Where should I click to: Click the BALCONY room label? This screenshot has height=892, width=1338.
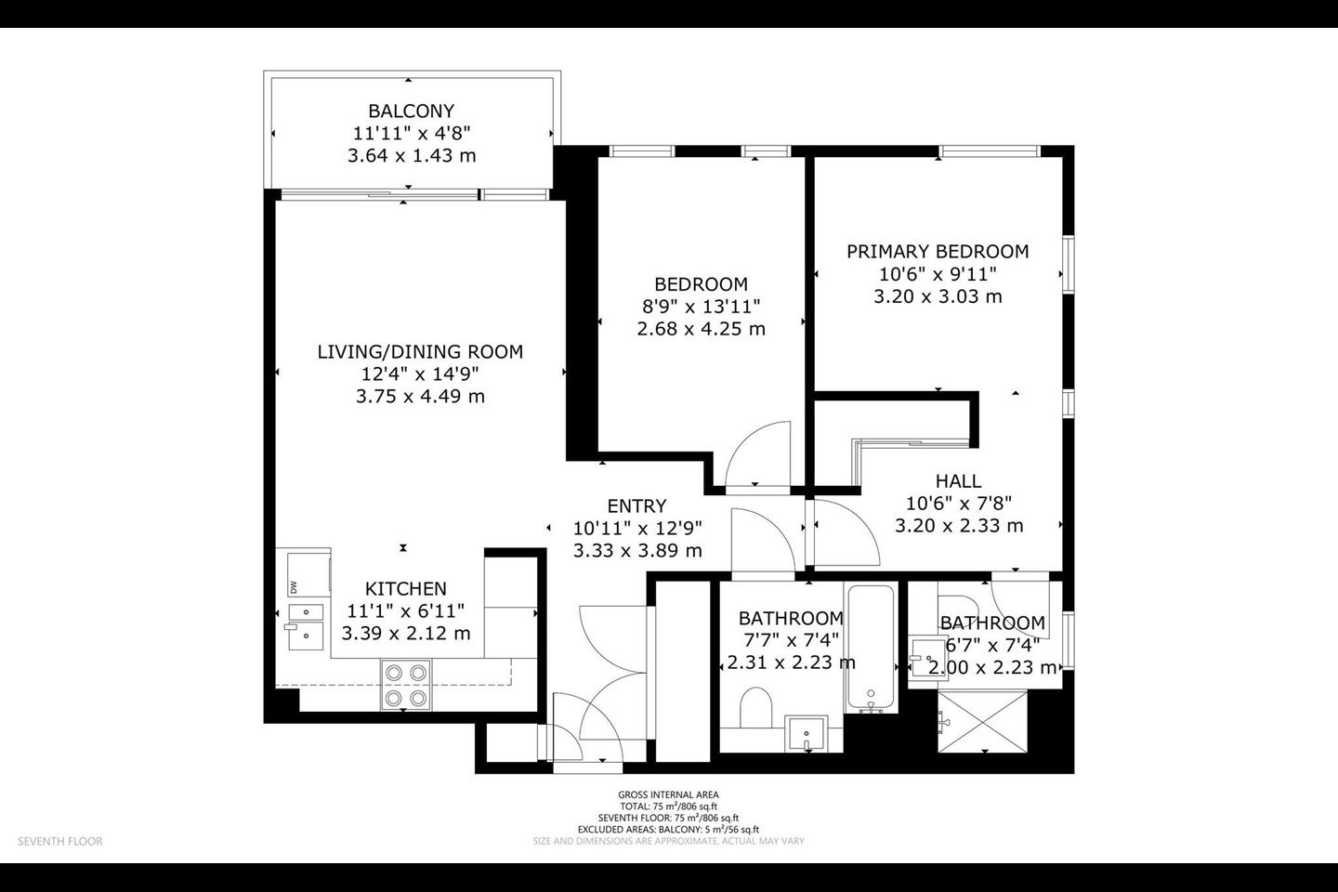coord(411,111)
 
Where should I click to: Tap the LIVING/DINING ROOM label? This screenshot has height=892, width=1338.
coord(420,352)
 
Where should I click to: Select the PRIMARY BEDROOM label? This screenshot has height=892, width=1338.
coord(938,252)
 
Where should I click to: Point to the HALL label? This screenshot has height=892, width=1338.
coord(958,481)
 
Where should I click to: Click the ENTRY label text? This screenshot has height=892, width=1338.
coord(636,506)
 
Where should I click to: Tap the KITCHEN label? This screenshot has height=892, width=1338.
coord(405,589)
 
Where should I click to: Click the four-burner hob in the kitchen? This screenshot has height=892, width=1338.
coord(405,685)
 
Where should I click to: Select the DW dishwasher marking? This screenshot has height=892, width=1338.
coord(294,587)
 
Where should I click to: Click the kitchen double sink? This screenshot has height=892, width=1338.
coord(306,627)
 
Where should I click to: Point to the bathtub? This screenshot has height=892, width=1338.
coord(871,648)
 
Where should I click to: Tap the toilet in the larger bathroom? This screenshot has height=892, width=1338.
coord(755,707)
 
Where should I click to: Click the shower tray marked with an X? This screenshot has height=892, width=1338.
coord(983,721)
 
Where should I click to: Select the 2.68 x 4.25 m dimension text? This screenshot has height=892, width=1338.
coord(702,329)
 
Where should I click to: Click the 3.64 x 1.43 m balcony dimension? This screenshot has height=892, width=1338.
coord(412,156)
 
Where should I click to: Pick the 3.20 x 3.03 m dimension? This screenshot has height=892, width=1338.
coord(938,296)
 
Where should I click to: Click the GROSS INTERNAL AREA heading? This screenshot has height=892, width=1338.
coord(668,795)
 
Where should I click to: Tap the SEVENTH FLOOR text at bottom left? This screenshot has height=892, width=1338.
coord(60,841)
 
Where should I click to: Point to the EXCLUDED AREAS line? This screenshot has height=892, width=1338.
coord(668,830)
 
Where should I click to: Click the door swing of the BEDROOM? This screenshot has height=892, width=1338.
coord(757,454)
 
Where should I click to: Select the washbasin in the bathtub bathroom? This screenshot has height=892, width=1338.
coord(807,732)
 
